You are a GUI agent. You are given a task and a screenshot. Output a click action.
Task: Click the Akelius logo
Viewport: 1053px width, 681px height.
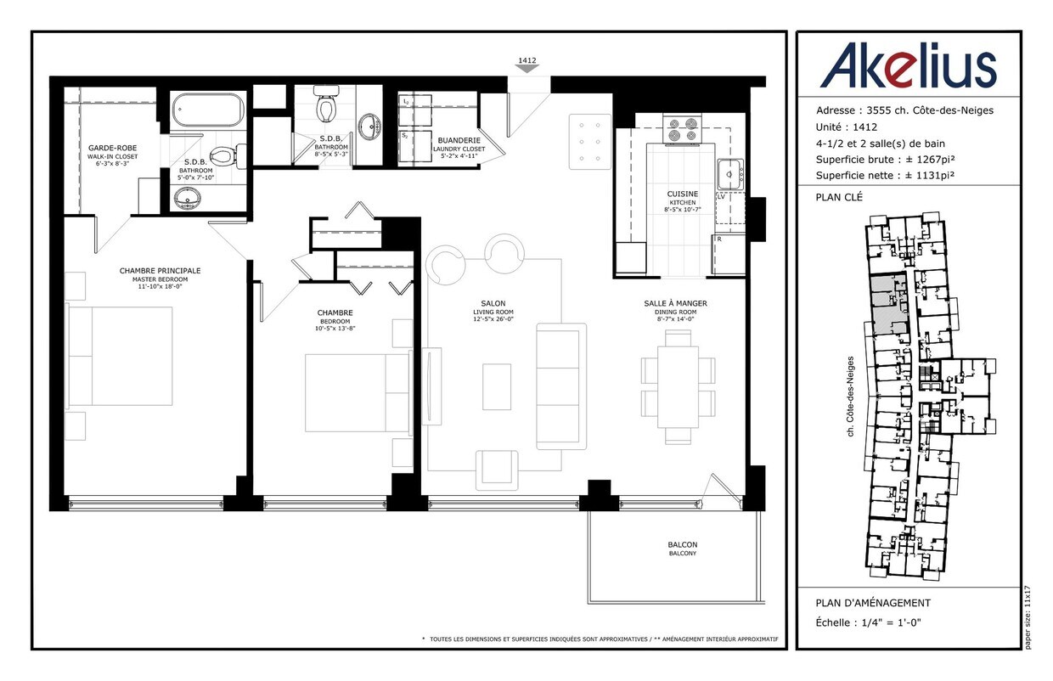pyautogui.click(x=909, y=65)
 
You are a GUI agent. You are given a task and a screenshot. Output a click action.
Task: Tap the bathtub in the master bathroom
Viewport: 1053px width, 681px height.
pyautogui.click(x=207, y=110)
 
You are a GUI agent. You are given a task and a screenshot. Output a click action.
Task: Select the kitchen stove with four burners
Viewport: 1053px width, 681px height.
pyautogui.click(x=682, y=128)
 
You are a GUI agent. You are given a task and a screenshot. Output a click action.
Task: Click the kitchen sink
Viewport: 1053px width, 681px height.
pyautogui.click(x=730, y=174)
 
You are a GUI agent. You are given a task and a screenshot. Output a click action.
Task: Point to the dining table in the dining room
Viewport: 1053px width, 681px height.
pyautogui.click(x=678, y=387)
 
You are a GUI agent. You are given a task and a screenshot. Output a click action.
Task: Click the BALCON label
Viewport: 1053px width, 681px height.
pyautogui.click(x=683, y=544)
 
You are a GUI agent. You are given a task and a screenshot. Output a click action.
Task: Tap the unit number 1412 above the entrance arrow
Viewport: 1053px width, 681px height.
pyautogui.click(x=527, y=60)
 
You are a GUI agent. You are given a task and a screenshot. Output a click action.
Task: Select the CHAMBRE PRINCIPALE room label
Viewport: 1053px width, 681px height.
pyautogui.click(x=160, y=271)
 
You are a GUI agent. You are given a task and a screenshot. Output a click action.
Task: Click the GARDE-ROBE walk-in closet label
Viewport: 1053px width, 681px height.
pyautogui.click(x=112, y=148)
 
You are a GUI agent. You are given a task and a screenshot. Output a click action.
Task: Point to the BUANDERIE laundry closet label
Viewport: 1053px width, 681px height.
pyautogui.click(x=459, y=140)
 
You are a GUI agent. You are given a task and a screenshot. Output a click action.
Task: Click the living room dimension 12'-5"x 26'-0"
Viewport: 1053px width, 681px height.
pyautogui.click(x=493, y=319)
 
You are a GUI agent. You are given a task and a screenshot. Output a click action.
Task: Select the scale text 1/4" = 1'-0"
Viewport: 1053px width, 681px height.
pyautogui.click(x=892, y=622)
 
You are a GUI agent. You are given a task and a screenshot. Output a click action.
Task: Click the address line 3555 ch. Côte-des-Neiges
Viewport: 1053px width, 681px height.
pyautogui.click(x=930, y=110)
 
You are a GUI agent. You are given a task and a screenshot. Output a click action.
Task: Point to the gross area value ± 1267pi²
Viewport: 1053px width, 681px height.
pyautogui.click(x=931, y=160)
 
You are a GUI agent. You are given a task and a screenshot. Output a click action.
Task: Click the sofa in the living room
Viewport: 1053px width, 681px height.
pyautogui.click(x=560, y=386)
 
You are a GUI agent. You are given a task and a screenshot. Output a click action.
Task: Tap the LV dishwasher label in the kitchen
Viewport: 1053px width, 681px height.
pyautogui.click(x=721, y=197)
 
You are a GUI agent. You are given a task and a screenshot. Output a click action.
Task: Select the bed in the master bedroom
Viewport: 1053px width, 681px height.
pyautogui.click(x=121, y=357)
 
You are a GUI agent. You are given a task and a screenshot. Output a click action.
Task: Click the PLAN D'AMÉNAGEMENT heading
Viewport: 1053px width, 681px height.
pyautogui.click(x=873, y=603)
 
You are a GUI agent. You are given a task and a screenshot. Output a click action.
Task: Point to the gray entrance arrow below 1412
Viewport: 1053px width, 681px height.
pyautogui.click(x=527, y=69)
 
